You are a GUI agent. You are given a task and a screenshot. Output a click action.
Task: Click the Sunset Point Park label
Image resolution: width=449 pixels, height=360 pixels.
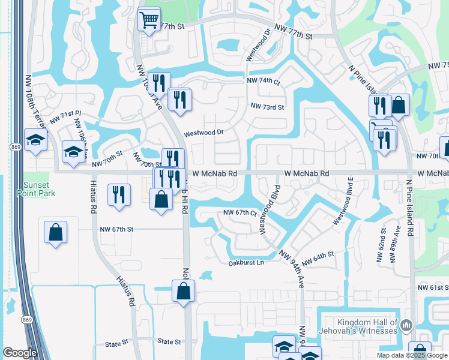click(40, 189)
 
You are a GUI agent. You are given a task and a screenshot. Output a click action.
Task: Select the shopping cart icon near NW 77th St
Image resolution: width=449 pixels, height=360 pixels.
click(149, 19)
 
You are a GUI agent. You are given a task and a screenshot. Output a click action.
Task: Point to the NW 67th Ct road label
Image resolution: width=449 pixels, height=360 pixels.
click(240, 213)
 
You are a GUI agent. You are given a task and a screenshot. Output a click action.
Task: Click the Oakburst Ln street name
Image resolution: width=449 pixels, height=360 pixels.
click(246, 263)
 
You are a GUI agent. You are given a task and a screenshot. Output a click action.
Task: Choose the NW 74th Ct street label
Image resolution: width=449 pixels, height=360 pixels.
click(263, 80)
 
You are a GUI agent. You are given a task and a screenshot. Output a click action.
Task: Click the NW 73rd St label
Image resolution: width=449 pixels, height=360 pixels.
click(267, 106)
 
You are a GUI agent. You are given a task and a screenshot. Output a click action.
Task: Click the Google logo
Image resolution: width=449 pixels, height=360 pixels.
click(20, 353)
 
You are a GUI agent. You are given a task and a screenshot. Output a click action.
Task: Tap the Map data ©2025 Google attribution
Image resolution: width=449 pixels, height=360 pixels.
click(411, 355)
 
